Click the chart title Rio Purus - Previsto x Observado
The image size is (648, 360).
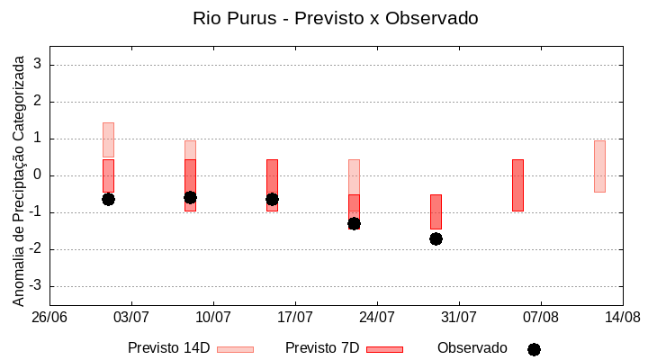[x=336, y=18]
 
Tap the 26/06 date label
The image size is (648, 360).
[x=49, y=317]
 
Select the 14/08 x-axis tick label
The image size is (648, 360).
[x=622, y=317]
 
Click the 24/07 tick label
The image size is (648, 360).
[x=377, y=317]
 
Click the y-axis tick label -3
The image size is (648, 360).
[x=36, y=286]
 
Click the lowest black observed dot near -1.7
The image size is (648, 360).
[x=436, y=238]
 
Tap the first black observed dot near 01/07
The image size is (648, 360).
[x=108, y=199]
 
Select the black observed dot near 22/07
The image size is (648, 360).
[x=354, y=223]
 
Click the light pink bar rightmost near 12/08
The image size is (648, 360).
[x=599, y=166]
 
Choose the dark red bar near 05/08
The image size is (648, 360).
[x=517, y=184]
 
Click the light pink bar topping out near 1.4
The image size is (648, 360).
[x=108, y=139]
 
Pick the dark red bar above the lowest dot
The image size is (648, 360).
[x=436, y=211]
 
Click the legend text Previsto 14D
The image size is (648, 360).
[x=168, y=348]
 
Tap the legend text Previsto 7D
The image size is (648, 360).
[x=322, y=348]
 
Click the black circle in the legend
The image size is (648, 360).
[x=534, y=349]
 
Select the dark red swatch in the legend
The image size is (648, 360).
[x=384, y=349]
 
